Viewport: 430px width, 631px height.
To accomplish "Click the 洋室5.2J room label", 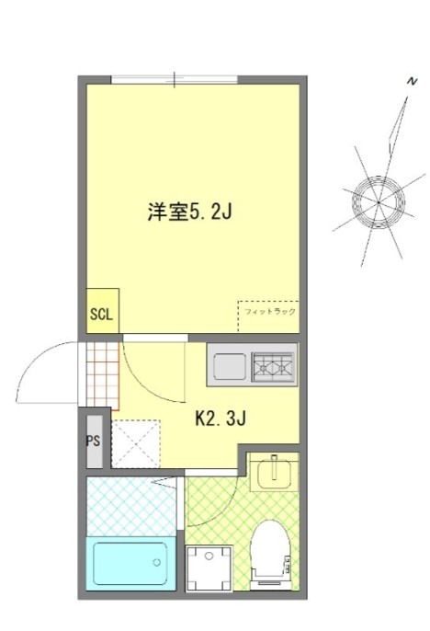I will (x=187, y=212).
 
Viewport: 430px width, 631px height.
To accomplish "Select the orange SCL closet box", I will (x=101, y=312).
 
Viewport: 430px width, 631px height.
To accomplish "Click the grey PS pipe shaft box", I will (x=94, y=441).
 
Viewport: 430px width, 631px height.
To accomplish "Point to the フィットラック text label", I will (x=269, y=312).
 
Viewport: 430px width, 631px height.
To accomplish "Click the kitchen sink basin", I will (x=230, y=367).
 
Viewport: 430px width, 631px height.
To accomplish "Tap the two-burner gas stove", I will (x=274, y=367).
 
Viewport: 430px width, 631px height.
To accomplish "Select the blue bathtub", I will (x=129, y=562).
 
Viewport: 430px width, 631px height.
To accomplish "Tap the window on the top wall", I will (x=175, y=81).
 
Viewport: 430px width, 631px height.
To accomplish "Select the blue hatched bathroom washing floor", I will (x=129, y=506).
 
